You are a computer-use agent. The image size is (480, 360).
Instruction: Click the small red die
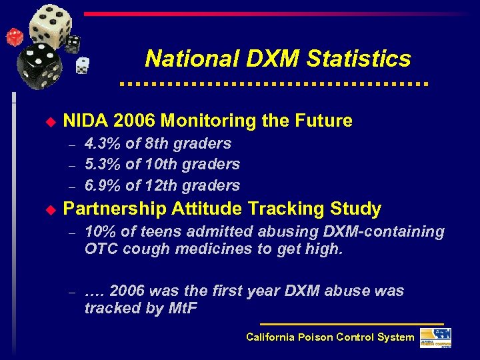[13, 37]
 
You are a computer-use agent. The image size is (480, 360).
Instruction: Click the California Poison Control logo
[435, 338]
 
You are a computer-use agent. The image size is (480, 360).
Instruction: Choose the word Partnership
[114, 209]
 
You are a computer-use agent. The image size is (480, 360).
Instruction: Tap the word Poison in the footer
[315, 337]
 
